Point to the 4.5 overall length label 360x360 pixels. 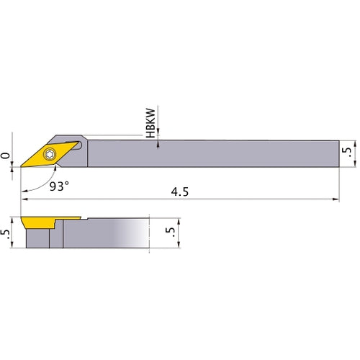(179, 192)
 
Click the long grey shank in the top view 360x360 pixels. (216, 153)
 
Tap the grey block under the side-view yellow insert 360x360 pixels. (37, 236)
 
